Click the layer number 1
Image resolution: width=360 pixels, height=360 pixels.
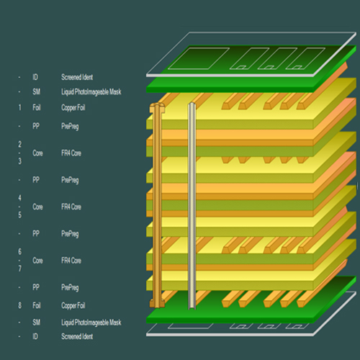[x=19, y=107]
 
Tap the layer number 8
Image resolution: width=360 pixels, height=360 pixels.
[x=19, y=306]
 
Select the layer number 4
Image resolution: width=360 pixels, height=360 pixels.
[x=19, y=197]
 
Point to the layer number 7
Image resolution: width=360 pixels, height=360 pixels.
[x=19, y=269]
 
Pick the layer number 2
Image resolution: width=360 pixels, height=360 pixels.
[x=19, y=144]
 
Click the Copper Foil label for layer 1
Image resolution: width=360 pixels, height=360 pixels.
[x=75, y=107]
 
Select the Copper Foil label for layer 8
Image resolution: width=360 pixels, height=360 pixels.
[x=75, y=306]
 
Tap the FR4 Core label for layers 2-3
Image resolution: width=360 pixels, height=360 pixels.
[x=73, y=153]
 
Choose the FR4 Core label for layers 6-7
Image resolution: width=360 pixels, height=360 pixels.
[x=73, y=260]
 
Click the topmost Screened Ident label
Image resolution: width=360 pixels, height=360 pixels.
[x=77, y=76]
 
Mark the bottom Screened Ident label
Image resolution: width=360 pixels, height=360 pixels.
[x=77, y=336]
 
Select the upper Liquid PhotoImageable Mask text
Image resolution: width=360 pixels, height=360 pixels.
[x=91, y=91]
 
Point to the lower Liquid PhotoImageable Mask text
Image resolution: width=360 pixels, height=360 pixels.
[x=91, y=322]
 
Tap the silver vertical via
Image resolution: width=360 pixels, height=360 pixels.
[x=192, y=205]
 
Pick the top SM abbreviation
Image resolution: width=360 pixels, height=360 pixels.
[x=36, y=91]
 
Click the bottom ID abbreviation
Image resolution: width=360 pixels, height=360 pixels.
[x=35, y=336]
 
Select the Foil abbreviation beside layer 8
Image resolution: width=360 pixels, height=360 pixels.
[x=37, y=306]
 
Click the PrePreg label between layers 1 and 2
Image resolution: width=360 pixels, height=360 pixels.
[x=70, y=126]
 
